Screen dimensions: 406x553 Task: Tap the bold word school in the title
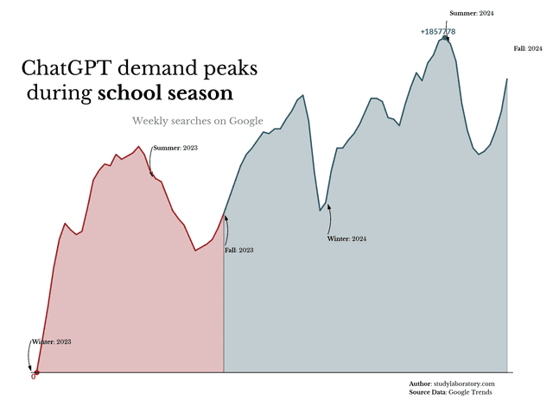[130, 92]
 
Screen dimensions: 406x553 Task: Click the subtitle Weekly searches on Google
[198, 121]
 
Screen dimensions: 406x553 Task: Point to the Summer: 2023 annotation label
[175, 149]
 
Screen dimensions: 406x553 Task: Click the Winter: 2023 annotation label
[51, 342]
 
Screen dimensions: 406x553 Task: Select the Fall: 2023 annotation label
[239, 250]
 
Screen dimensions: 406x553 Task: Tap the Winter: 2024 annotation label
[347, 238]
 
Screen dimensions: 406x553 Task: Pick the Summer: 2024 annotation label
[472, 14]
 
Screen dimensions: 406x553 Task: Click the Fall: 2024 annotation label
[528, 49]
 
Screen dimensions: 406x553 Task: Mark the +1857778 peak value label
[438, 31]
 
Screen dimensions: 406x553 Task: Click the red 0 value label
[33, 377]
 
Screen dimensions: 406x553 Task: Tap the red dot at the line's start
[36, 372]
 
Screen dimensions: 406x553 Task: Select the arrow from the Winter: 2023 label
[30, 357]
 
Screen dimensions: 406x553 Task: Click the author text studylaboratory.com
[464, 383]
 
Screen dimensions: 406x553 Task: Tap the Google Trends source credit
[471, 392]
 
